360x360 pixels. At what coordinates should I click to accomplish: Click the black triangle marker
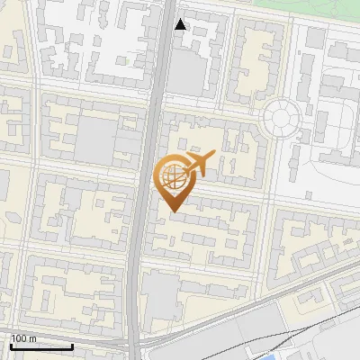(x=181, y=24)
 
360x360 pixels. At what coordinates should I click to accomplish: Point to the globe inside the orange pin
(x=172, y=175)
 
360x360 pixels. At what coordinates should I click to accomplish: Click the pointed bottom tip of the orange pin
(x=173, y=211)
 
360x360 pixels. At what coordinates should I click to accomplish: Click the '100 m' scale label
(x=24, y=338)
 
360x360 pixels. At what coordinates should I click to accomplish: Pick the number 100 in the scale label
(x=20, y=338)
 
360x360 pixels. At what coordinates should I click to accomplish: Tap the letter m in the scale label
(x=33, y=338)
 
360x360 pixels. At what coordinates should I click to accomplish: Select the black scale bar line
(x=41, y=346)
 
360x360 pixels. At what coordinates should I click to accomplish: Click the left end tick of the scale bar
(x=11, y=345)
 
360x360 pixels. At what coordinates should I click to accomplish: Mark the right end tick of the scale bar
(x=72, y=345)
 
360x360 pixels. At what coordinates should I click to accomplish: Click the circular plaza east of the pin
(x=281, y=118)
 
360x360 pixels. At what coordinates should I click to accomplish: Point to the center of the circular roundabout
(x=281, y=118)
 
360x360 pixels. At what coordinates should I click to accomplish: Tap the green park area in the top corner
(x=306, y=6)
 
